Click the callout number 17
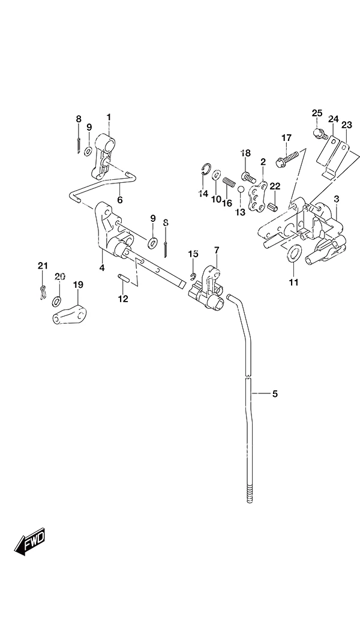click(286, 138)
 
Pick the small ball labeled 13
click(241, 189)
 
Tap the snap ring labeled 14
click(205, 169)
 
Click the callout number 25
click(317, 113)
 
